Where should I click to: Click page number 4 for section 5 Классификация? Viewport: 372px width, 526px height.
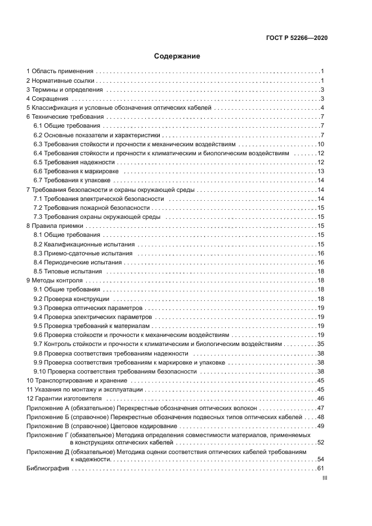tap(322, 108)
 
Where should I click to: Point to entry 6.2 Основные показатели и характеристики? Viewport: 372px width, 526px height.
tap(97, 136)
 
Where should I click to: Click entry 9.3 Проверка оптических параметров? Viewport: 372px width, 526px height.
tap(88, 308)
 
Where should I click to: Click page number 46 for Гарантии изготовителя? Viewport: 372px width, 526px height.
tap(320, 399)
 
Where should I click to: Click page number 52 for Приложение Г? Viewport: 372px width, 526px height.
tap(320, 443)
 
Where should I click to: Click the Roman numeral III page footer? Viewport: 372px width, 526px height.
tap(324, 478)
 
